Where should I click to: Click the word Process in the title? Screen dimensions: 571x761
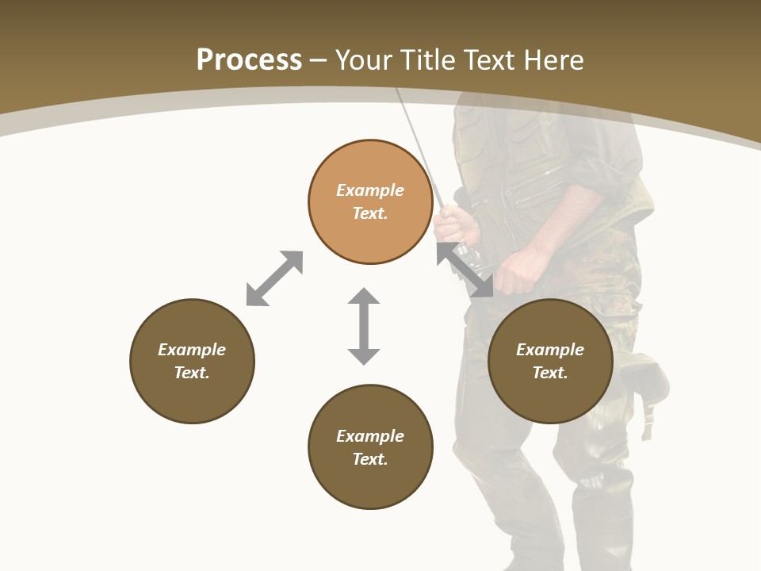click(x=249, y=60)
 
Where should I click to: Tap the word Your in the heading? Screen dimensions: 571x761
click(x=365, y=60)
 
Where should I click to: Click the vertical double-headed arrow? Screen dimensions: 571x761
click(x=364, y=326)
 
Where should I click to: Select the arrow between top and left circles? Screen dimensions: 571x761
click(x=274, y=278)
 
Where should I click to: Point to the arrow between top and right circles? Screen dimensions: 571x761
click(x=465, y=270)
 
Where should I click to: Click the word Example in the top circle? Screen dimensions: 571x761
click(x=370, y=190)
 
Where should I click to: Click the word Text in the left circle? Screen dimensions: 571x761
click(x=192, y=373)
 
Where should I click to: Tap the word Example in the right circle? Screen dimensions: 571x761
click(x=550, y=350)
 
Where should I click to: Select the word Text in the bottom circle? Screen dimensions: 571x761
click(x=370, y=459)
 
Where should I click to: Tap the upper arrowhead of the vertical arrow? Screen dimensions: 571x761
click(x=364, y=297)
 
